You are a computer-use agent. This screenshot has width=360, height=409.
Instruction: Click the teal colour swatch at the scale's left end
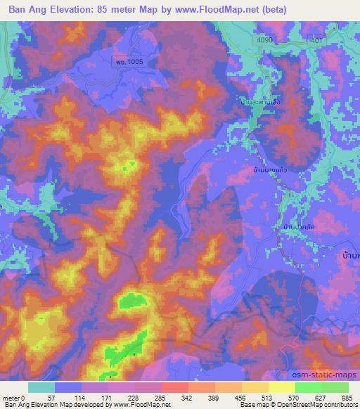41,387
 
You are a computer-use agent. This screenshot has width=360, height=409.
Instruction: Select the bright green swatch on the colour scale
308,387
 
